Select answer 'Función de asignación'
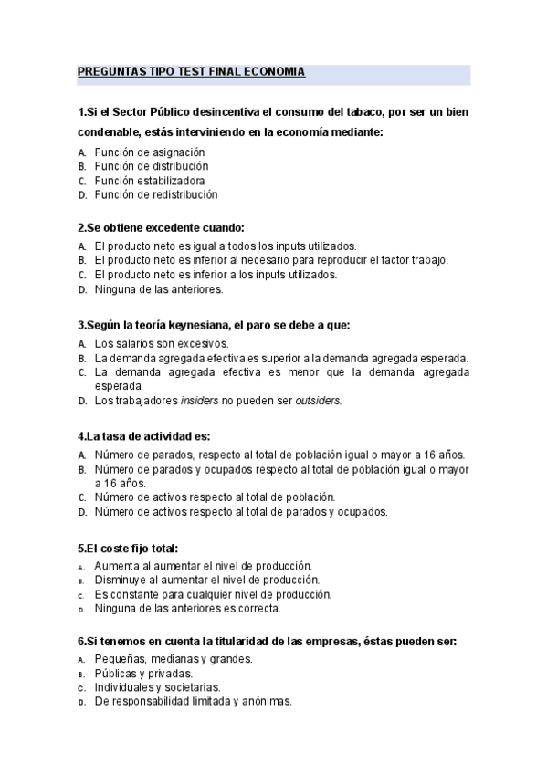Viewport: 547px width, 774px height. pyautogui.click(x=150, y=152)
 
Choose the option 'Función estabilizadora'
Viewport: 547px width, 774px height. pyautogui.click(x=150, y=181)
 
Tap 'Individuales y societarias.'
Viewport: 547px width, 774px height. pyautogui.click(x=157, y=687)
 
